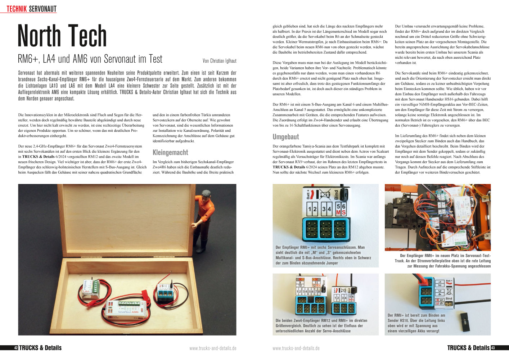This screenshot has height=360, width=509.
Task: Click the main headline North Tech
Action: coord(62,36)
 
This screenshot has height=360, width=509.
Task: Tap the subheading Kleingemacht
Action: coord(170,152)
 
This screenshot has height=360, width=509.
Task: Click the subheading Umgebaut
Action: coord(285,137)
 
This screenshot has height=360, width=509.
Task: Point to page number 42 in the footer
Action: coord(16,348)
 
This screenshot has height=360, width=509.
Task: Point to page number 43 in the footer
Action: coord(493,348)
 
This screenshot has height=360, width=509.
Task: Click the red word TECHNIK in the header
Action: coord(17,9)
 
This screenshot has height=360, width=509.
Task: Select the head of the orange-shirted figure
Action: coord(207,195)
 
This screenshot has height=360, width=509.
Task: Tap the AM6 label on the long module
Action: coord(134,312)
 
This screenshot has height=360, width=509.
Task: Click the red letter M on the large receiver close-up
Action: coord(338,213)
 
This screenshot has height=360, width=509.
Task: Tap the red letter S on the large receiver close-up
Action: coord(343,213)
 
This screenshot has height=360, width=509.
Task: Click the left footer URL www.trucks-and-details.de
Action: coord(213,348)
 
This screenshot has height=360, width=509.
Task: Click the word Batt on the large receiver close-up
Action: coord(308,195)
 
